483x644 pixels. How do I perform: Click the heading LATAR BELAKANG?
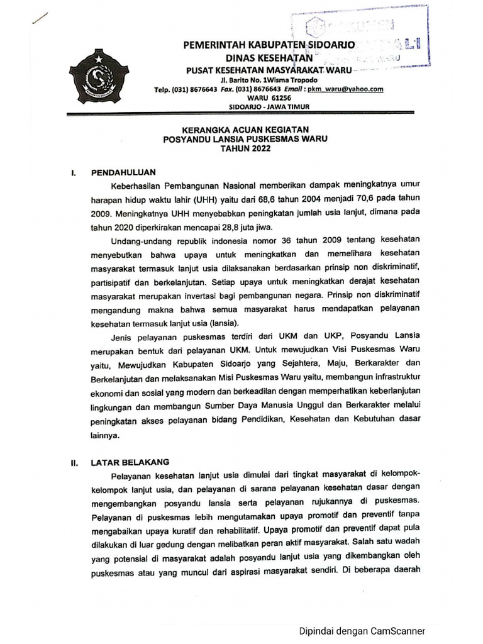tap(130, 462)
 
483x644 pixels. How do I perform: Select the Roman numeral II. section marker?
tap(74, 463)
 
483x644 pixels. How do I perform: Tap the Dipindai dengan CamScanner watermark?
tap(362, 630)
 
